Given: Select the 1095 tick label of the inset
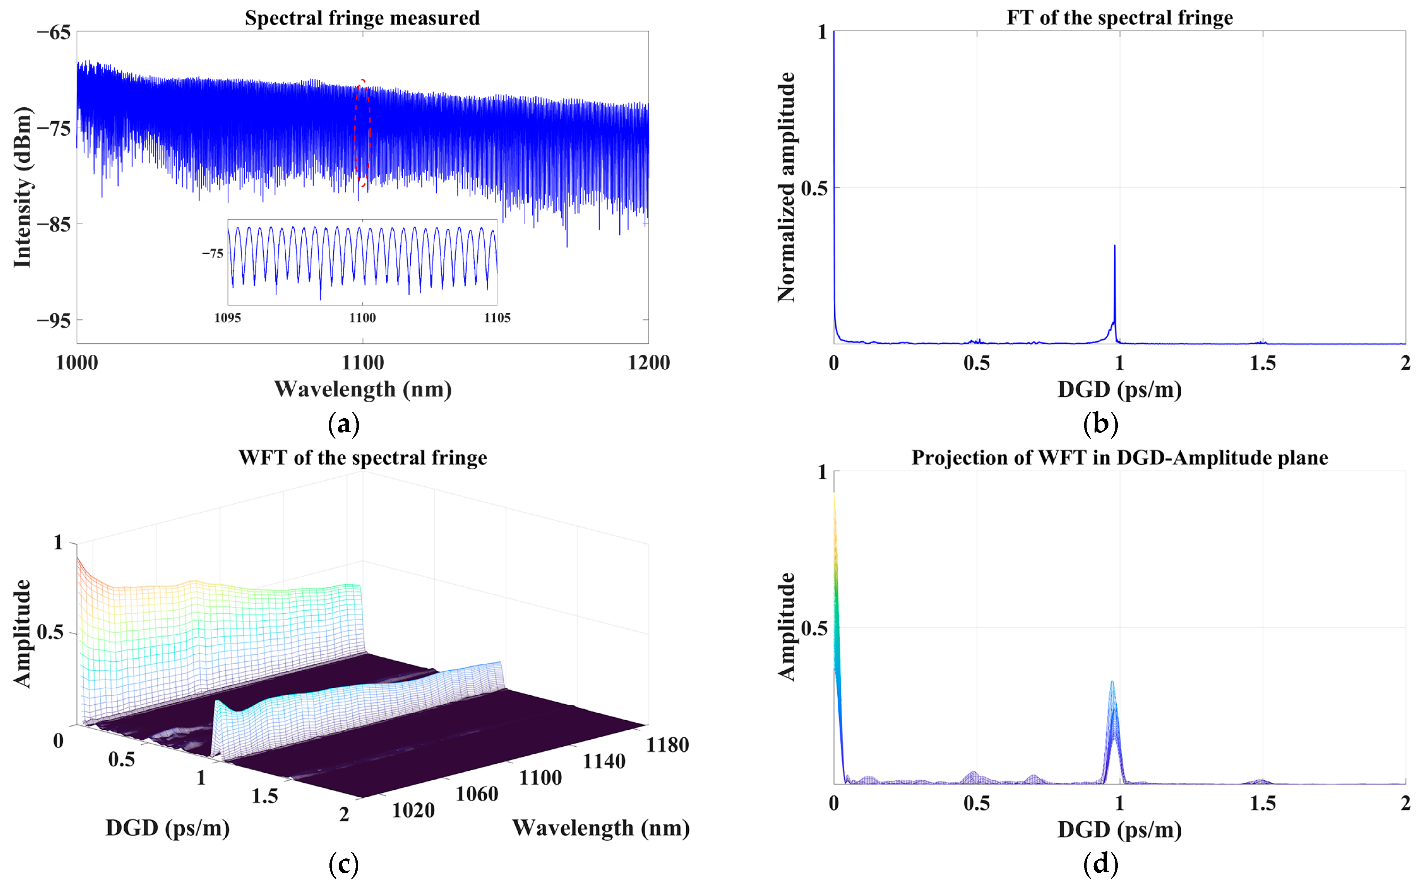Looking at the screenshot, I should tap(227, 318).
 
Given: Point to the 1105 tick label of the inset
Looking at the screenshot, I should tap(497, 318).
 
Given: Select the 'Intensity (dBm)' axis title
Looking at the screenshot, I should tap(22, 187).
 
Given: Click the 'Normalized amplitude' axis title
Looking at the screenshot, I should tap(786, 187).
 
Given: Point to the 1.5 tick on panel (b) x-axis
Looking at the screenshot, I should tap(1262, 363).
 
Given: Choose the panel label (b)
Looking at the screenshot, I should tap(1100, 423).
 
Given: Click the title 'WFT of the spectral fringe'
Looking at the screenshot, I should tap(362, 458).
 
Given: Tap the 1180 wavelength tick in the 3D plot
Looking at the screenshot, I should tap(667, 745).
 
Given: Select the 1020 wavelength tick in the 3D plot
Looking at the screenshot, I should tap(413, 810).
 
